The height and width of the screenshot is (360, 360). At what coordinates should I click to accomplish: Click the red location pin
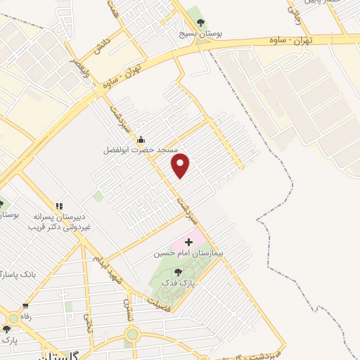(181, 165)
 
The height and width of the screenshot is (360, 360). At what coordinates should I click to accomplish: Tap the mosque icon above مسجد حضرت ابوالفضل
(141, 139)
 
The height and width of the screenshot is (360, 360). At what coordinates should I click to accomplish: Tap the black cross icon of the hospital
(188, 242)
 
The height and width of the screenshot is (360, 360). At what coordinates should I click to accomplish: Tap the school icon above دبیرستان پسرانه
(60, 206)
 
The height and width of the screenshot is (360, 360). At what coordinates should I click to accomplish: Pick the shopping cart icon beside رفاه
(25, 306)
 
